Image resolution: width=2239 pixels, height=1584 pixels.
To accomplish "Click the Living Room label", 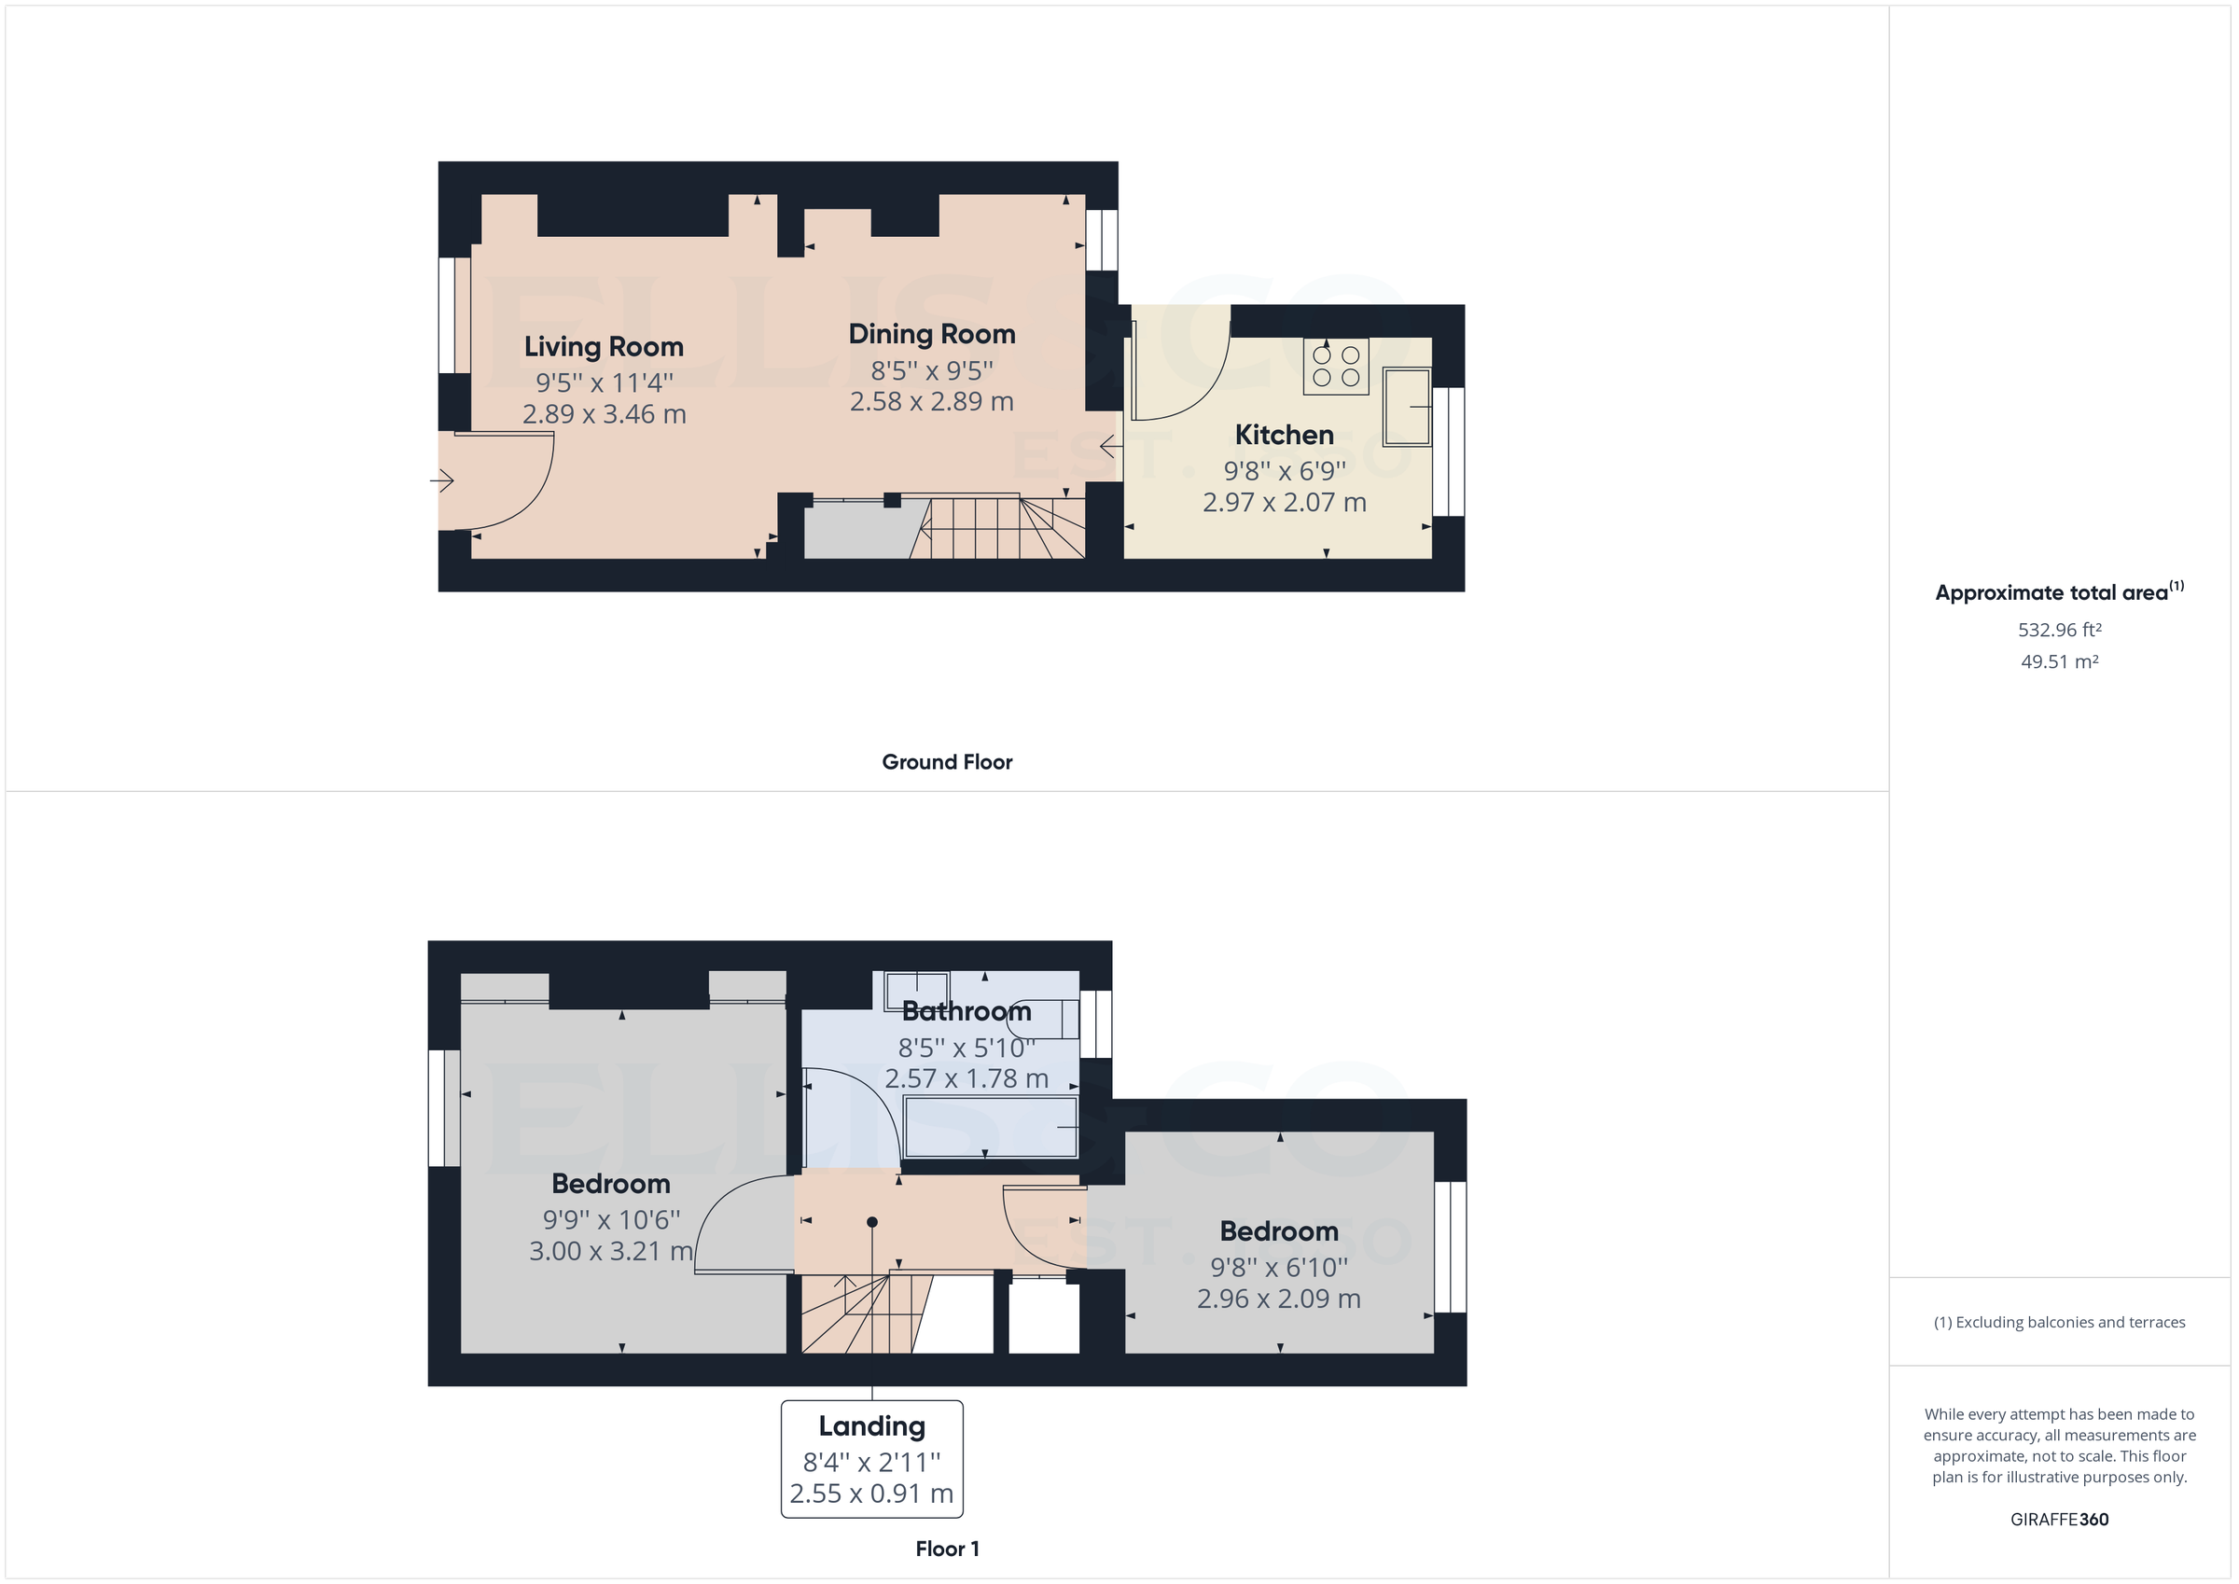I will tap(604, 347).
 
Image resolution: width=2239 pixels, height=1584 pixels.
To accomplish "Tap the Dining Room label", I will tap(931, 335).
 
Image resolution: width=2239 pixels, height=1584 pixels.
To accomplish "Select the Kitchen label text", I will tap(1284, 435).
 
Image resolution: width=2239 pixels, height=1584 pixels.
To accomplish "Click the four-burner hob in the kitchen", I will tap(1335, 367).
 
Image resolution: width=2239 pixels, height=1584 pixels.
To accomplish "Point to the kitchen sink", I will tap(1405, 406).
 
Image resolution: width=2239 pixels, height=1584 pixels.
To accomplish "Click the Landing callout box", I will tap(870, 1459).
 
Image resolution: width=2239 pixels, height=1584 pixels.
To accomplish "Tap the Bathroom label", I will tap(966, 1011).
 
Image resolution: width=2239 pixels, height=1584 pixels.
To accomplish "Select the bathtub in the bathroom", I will tap(990, 1128).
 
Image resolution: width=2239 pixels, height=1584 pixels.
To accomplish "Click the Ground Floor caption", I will tap(946, 763).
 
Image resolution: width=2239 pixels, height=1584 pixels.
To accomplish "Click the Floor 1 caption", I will tap(946, 1549).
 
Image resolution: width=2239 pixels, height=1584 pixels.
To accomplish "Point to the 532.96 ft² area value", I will tap(2059, 631).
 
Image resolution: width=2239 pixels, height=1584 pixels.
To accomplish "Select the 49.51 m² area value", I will tap(2059, 662).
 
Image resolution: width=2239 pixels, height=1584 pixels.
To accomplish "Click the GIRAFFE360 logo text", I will tap(2059, 1520).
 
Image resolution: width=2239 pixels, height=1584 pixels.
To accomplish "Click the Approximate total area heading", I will tap(2051, 593).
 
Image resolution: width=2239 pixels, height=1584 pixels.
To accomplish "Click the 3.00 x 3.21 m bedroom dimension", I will tap(610, 1251).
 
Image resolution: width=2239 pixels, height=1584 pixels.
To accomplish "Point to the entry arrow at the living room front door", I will tap(442, 480).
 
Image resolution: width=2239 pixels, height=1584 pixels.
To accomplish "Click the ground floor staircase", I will tap(999, 529).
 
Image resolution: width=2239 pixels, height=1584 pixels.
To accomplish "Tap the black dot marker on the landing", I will tap(871, 1222).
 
